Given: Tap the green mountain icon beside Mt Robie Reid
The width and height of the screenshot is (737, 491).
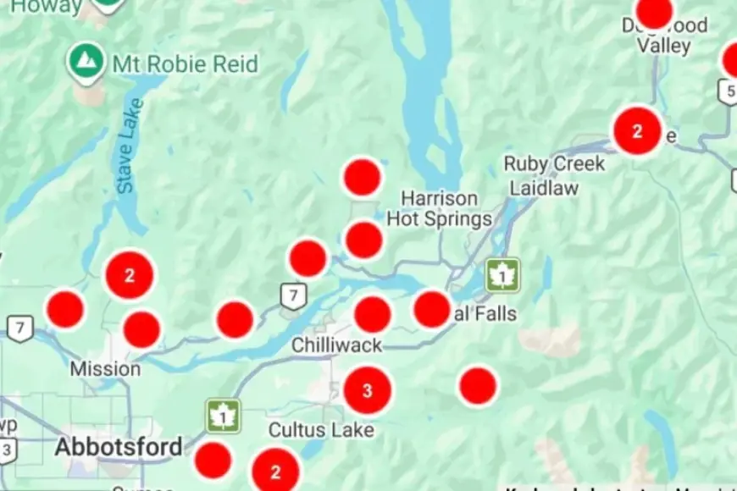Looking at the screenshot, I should point(86,60).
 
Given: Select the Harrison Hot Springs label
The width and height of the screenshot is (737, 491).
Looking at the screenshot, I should point(439,208).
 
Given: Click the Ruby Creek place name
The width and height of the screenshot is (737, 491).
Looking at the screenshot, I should point(554,163).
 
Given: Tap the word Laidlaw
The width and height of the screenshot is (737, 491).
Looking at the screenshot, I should point(543,187).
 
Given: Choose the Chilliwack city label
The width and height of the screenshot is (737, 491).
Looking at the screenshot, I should point(336,345).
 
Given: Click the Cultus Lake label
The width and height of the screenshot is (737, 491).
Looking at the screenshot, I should point(321,430).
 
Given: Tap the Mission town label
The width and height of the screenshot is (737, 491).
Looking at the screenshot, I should point(105,369).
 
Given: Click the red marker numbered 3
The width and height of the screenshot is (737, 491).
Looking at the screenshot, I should point(367,390).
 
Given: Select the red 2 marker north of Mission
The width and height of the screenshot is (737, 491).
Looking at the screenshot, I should point(129,276).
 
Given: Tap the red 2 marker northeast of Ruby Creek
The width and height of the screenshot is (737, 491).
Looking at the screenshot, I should point(637,131).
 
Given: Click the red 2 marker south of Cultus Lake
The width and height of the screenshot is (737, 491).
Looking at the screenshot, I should point(275,472).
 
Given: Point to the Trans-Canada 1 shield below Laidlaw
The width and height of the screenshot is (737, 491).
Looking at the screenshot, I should point(502,276).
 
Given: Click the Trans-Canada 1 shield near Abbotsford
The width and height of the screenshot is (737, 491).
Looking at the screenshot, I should point(223,417).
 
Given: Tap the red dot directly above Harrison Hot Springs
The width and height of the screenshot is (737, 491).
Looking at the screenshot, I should point(362,178).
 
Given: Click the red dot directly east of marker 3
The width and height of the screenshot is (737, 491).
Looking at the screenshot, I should point(478,385).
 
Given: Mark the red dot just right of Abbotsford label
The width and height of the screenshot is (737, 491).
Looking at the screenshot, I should point(213,461).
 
